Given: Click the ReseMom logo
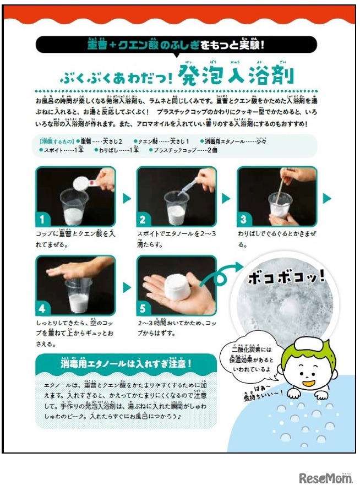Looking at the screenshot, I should click(325, 477).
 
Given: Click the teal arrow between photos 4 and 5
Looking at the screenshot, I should click(127, 287).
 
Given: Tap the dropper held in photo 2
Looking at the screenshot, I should click(188, 185).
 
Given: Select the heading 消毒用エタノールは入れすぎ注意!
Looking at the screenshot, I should click(126, 364).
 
